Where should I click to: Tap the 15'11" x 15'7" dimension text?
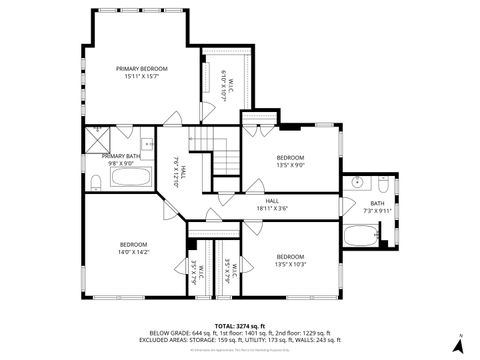(142, 76)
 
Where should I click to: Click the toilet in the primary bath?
(94, 181)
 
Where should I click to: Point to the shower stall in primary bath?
(98, 139)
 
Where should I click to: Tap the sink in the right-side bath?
(357, 183)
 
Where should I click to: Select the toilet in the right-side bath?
(384, 184)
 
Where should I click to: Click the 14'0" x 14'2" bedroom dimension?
(134, 253)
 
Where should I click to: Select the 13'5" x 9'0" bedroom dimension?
(290, 166)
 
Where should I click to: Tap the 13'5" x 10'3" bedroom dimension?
(290, 264)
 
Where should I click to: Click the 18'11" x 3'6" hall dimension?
(272, 208)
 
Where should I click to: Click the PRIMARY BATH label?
(120, 156)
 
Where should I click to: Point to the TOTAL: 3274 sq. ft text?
(239, 325)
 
